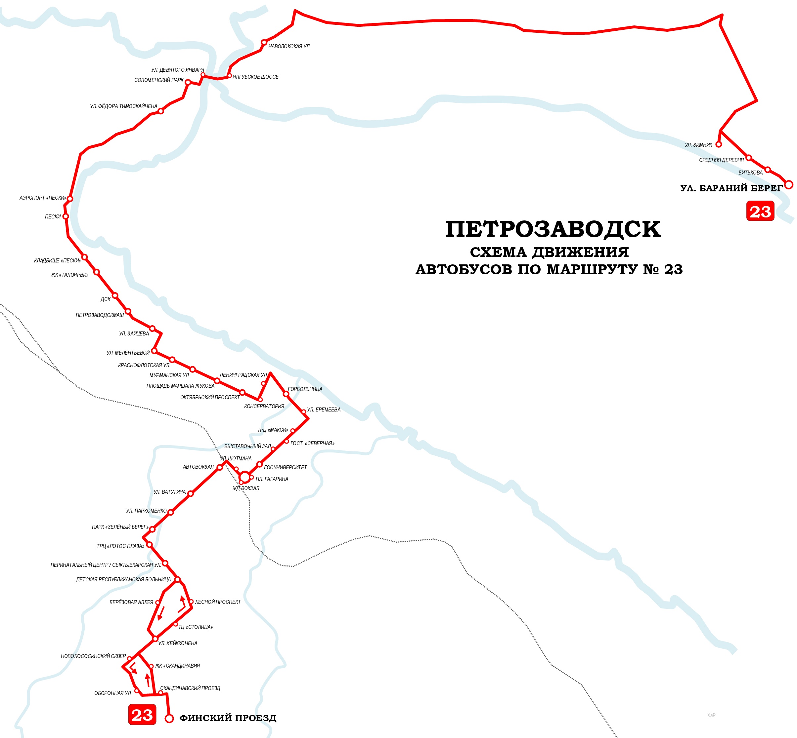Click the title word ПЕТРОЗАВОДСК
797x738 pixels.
point(553,229)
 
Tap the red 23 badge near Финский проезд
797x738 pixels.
point(142,715)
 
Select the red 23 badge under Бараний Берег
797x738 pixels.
point(760,211)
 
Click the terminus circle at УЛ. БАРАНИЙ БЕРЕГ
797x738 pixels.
point(788,184)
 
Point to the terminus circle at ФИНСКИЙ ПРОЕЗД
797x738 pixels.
point(169,719)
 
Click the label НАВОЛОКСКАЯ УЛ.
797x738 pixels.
point(289,47)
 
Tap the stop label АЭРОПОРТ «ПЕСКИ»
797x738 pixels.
point(43,198)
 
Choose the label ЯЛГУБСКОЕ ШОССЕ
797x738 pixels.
point(255,77)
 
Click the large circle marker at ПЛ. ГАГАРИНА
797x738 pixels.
point(244,477)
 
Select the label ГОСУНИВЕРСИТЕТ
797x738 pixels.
point(286,467)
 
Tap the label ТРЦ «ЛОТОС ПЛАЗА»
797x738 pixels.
point(120,546)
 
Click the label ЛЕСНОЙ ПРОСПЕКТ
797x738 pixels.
point(218,602)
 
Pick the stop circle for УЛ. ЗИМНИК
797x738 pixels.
point(718,144)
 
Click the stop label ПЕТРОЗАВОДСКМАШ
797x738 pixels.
point(100,315)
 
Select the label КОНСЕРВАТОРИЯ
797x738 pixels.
point(264,406)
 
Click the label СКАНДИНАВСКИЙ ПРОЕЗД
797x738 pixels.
point(190,688)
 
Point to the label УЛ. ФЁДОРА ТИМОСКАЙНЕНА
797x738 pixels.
point(123,106)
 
